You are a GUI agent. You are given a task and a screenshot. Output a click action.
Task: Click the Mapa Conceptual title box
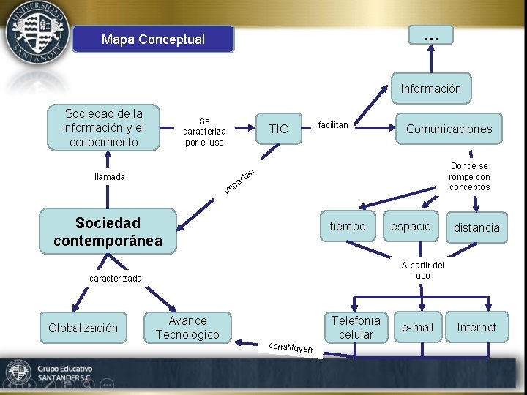point(153,39)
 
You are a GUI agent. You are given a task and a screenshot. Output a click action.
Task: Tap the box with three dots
point(431,35)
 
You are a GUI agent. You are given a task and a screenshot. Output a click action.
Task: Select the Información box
point(430,89)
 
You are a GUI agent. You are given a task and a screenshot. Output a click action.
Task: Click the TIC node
point(278,129)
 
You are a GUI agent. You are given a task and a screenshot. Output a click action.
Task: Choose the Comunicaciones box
point(449,129)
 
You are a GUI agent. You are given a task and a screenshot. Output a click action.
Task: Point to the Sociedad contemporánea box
point(108,231)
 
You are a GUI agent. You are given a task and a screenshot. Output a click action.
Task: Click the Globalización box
point(83,328)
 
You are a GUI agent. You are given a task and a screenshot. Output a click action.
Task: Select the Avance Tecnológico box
point(187,328)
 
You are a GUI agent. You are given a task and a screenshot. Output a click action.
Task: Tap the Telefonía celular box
point(356,328)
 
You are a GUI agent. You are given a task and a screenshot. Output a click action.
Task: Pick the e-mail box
point(418,328)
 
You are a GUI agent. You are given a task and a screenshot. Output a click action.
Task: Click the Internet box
point(476,328)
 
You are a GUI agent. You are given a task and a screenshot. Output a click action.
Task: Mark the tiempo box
point(348,227)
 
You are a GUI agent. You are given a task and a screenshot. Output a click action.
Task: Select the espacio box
point(411,227)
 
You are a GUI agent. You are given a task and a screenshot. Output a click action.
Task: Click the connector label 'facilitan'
point(333,125)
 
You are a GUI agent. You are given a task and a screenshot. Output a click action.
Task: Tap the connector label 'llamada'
point(110,176)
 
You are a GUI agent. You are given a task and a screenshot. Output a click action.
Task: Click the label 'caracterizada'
point(116,279)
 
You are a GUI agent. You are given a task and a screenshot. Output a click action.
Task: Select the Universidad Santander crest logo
point(37,34)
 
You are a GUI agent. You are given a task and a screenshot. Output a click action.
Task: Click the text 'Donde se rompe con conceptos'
point(469,177)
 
